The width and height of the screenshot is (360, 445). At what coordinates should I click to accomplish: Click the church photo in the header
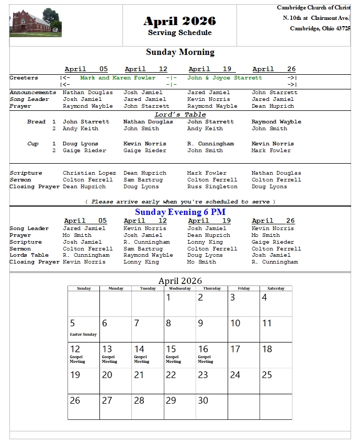click(36, 23)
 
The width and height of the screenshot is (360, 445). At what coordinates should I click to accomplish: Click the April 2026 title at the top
click(179, 21)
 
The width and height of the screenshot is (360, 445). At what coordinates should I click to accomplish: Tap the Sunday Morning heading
click(180, 52)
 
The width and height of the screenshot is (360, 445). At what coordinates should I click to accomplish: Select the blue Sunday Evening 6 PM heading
click(180, 212)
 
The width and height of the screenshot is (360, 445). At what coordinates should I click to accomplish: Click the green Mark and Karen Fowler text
click(118, 78)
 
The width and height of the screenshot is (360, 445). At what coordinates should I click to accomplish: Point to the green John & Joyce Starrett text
click(224, 78)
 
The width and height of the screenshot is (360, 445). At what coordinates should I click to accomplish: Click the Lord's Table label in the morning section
click(180, 115)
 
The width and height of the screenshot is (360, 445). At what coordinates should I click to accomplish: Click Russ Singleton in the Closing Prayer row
click(212, 187)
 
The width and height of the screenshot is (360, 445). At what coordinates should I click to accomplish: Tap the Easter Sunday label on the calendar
click(83, 335)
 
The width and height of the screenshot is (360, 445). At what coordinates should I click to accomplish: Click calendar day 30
click(203, 401)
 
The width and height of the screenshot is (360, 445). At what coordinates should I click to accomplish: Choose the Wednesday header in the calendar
click(179, 289)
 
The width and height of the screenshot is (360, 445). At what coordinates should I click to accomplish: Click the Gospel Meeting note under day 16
click(205, 359)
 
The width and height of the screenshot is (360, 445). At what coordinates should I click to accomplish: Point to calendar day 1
click(168, 298)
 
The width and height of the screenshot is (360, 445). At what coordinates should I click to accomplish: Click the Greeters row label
click(24, 78)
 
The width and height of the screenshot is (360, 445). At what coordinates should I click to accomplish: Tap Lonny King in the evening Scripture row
click(205, 242)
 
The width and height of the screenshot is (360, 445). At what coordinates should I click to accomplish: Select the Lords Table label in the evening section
click(29, 255)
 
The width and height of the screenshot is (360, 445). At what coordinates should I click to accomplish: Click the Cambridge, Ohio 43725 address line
click(320, 28)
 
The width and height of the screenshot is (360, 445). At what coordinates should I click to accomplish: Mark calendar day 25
click(267, 375)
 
